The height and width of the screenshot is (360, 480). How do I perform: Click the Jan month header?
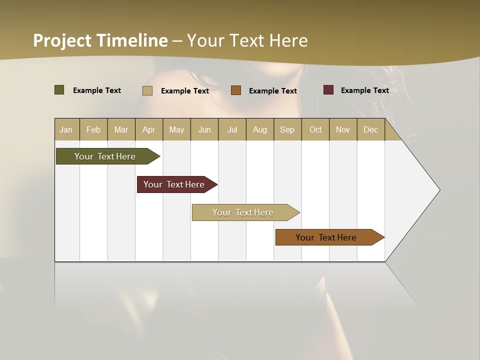pyautogui.click(x=66, y=129)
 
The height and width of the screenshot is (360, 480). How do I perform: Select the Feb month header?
pyautogui.click(x=93, y=129)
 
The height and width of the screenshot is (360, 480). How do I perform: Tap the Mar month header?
pyautogui.click(x=121, y=129)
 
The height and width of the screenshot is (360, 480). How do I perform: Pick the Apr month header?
pyautogui.click(x=149, y=129)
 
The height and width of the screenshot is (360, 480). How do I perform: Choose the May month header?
pyautogui.click(x=176, y=129)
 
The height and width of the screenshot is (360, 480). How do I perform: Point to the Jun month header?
pyautogui.click(x=204, y=129)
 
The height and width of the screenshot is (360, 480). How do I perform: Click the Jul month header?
pyautogui.click(x=232, y=129)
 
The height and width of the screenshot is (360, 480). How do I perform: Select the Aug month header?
pyautogui.click(x=260, y=129)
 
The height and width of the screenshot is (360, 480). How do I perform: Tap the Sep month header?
pyautogui.click(x=287, y=129)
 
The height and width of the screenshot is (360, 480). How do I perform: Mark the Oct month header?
pyautogui.click(x=315, y=129)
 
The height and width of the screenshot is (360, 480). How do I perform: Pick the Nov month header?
pyautogui.click(x=343, y=129)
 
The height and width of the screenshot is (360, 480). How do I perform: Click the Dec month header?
pyautogui.click(x=371, y=129)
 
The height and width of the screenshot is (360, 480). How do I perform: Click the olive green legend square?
pyautogui.click(x=59, y=90)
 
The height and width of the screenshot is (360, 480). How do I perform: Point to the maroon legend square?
pyautogui.click(x=328, y=90)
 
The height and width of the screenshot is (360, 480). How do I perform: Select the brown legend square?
pyautogui.click(x=236, y=90)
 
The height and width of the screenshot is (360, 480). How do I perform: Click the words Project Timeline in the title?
pyautogui.click(x=100, y=40)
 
